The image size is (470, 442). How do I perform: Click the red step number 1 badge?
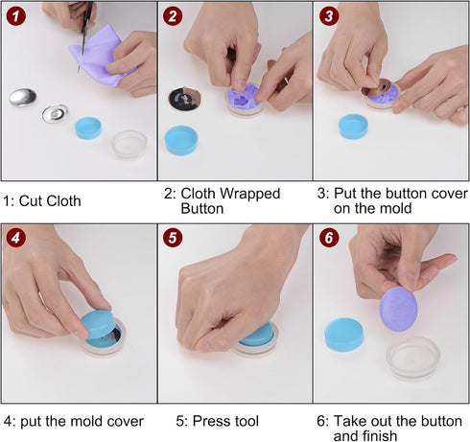tap(15, 15)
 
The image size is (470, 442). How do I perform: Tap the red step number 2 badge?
tap(172, 15)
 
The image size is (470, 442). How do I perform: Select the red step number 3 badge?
tap(329, 15)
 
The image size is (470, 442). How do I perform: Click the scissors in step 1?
tap(86, 19)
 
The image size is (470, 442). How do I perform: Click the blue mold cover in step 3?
tap(353, 126)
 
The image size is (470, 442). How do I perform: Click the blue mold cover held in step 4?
tap(96, 326)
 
